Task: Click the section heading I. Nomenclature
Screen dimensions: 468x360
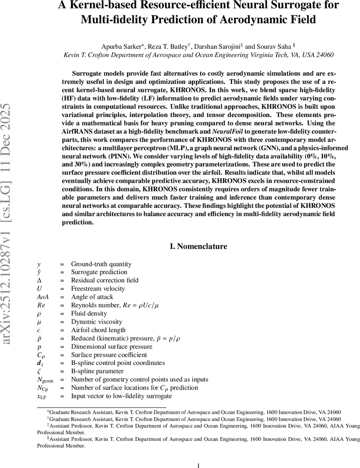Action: tap(199, 246)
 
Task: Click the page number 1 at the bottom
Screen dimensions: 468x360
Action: tap(199, 465)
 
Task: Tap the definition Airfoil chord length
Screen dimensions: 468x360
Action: tap(98, 330)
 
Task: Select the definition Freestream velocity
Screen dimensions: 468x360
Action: tap(98, 289)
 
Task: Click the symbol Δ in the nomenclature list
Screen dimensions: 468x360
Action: tap(39, 280)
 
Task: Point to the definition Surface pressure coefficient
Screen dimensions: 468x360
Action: tap(109, 355)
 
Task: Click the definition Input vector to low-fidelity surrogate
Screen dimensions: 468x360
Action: tap(121, 396)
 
